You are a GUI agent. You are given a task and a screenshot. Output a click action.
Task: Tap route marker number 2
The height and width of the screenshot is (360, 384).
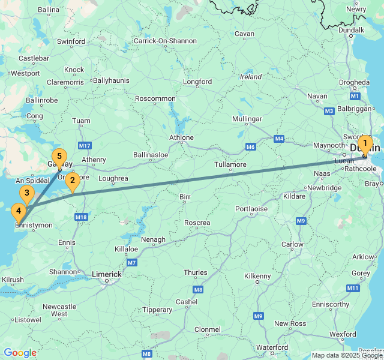[73, 180]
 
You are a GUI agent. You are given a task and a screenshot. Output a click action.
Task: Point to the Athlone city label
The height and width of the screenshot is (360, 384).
[181, 137]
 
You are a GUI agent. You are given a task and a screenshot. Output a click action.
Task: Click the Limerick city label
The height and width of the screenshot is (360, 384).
[106, 274]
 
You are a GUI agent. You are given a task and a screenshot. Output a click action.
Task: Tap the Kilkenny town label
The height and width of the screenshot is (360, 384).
[258, 276]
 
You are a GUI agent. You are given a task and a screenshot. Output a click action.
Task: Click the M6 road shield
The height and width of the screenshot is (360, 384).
[251, 147]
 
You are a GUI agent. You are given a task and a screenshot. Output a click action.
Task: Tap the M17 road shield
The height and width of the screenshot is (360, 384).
[84, 146]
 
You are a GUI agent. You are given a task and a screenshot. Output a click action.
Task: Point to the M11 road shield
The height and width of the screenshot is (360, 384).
[353, 289]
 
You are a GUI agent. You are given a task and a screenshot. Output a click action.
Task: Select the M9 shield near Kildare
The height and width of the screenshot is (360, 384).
[301, 221]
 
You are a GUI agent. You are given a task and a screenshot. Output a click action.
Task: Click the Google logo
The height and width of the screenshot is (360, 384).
[20, 353]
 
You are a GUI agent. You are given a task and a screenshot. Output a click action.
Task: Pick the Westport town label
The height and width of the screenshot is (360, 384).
[25, 73]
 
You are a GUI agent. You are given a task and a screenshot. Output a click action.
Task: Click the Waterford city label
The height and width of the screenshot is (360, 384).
[272, 347]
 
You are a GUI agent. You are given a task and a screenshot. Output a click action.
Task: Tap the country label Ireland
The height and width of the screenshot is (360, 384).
[251, 77]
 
